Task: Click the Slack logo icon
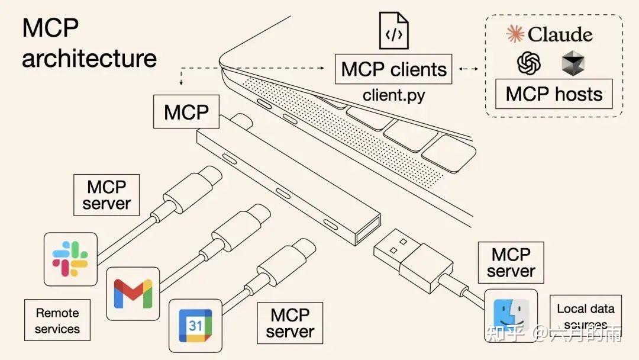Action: [x=70, y=259]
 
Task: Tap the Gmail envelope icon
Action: [x=133, y=293]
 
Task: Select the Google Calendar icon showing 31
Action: [x=195, y=325]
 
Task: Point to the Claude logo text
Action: [x=550, y=34]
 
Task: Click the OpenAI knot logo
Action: [x=529, y=63]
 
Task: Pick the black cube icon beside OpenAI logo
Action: [x=573, y=63]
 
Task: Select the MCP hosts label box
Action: [x=554, y=94]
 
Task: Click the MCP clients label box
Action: [x=393, y=69]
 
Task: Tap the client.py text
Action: [x=393, y=95]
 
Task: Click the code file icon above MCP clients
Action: [x=394, y=31]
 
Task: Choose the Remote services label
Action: [x=57, y=320]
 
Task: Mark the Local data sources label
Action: [x=585, y=316]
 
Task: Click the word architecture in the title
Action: [x=89, y=59]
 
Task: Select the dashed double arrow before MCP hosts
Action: [x=469, y=69]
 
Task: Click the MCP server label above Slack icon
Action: [x=106, y=195]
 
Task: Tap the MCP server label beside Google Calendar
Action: [x=289, y=323]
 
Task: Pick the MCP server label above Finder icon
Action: [x=511, y=262]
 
